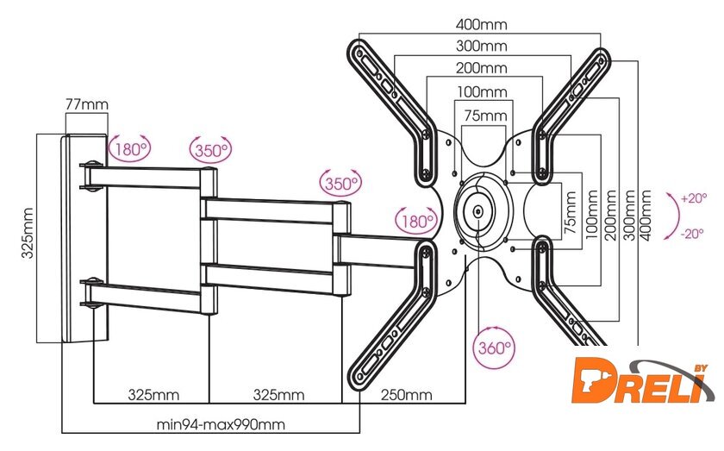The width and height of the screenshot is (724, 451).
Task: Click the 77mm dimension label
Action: tap(86, 104)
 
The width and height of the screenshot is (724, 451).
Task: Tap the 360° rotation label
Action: tap(494, 349)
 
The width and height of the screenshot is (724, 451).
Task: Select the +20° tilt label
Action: tap(694, 197)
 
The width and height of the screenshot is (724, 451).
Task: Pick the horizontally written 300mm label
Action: tap(482, 46)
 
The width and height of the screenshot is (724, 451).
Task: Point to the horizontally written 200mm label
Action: tap(482, 68)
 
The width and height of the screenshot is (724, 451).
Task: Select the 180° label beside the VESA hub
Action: tap(416, 221)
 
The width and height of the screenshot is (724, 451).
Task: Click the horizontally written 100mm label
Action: tap(482, 91)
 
